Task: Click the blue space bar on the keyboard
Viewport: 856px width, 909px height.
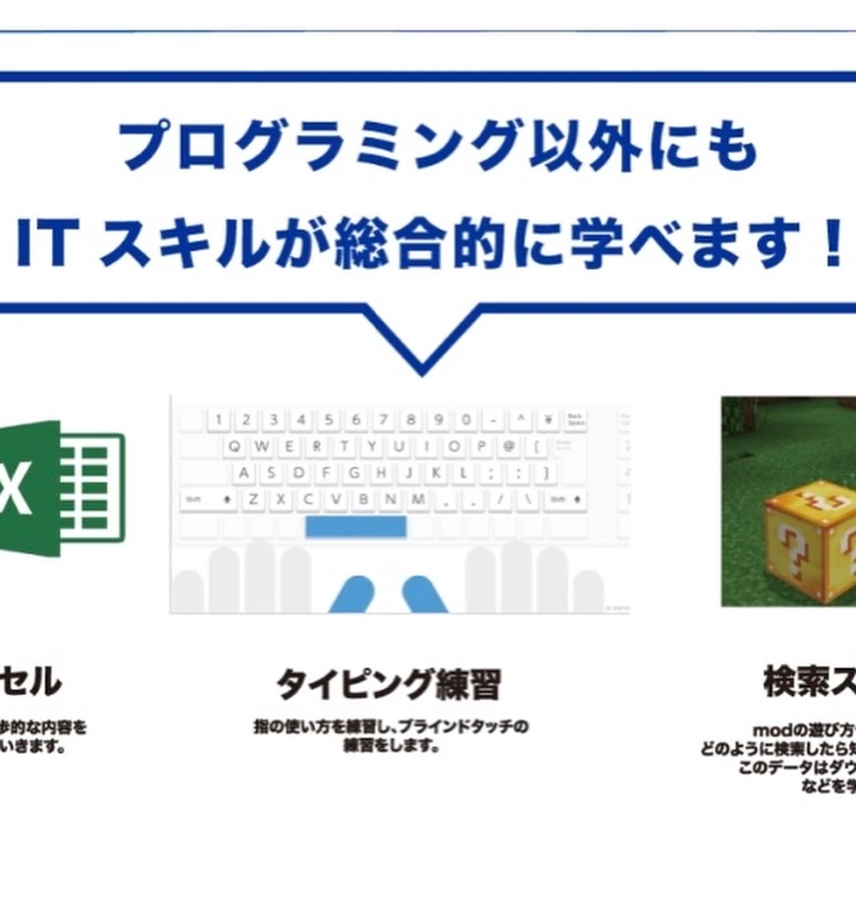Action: pos(355,527)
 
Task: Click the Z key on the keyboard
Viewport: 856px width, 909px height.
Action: pos(253,500)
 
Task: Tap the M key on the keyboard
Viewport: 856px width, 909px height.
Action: pos(418,500)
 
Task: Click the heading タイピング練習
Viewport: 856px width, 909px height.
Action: pos(388,684)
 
